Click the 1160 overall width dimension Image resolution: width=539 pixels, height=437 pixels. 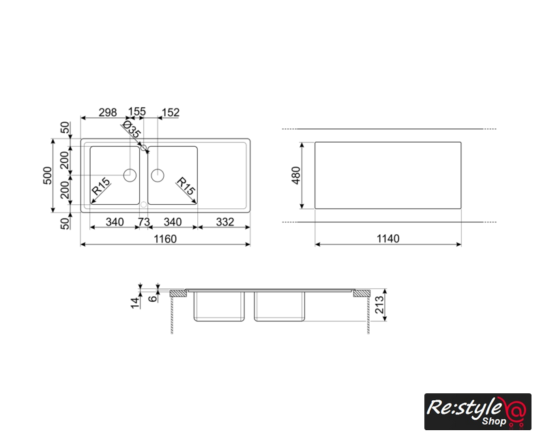(165, 239)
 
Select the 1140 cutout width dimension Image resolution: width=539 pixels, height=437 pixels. (388, 238)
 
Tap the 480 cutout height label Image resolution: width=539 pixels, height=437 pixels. (296, 175)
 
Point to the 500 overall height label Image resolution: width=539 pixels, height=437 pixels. (48, 175)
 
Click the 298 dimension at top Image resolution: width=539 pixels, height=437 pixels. (108, 112)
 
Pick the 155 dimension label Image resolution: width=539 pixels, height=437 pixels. (137, 111)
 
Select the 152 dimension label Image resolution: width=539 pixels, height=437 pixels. (171, 112)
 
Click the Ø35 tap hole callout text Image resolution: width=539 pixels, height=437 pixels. (131, 128)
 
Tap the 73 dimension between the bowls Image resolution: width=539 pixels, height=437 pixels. (144, 222)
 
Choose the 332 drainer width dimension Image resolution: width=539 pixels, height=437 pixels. (225, 222)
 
